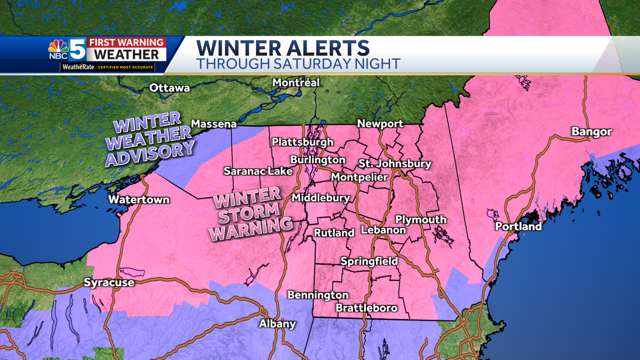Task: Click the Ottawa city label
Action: coord(170,87)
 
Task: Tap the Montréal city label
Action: coord(295,83)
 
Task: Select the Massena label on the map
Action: coord(214,124)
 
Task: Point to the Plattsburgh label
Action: coord(302,142)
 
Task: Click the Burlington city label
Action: coord(317,159)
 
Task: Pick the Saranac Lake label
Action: coord(258,171)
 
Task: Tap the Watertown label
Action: coord(139,199)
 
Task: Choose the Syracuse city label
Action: coord(109,283)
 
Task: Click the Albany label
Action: coord(277,324)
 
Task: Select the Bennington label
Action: coord(318,295)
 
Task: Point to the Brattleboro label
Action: coord(366,308)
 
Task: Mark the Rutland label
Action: coord(334,233)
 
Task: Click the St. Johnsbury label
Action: coord(387,164)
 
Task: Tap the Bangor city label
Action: coord(591,132)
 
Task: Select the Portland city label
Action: coord(518,226)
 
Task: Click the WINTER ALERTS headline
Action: coord(283,49)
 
